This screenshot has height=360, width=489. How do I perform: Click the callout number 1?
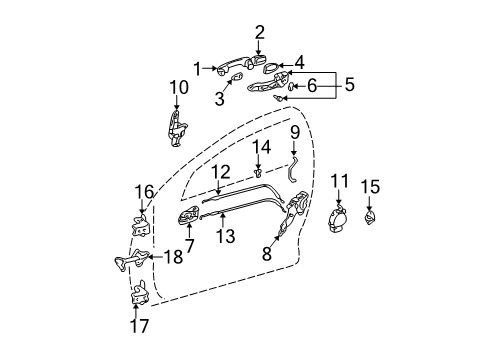(x=197, y=69)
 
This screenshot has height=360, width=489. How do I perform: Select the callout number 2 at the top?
(x=259, y=31)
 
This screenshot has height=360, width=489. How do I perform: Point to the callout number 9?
(x=299, y=62)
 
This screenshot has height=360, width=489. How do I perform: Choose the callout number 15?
(x=349, y=86)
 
